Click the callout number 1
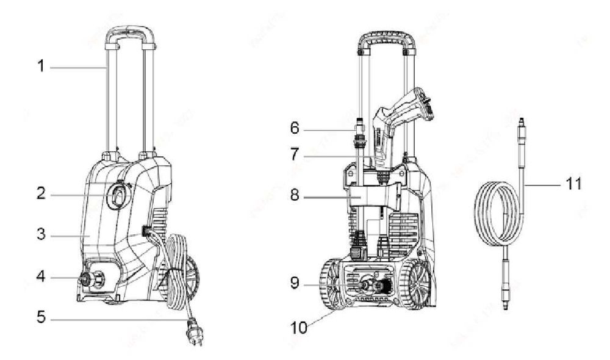(41, 66)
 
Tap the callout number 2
(41, 193)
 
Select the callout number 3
(41, 234)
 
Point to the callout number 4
(41, 276)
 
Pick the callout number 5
(41, 317)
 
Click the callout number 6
(295, 128)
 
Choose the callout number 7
(295, 154)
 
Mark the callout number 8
(295, 195)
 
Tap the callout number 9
(295, 283)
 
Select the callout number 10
(299, 328)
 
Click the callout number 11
(573, 183)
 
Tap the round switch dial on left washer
(118, 195)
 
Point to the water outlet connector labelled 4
(85, 279)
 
